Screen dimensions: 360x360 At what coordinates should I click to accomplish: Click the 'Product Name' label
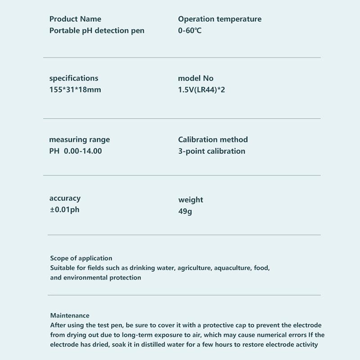(x=75, y=19)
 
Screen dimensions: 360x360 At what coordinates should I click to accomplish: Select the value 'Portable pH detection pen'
(x=97, y=31)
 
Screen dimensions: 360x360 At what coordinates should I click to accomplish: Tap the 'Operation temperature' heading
(x=220, y=19)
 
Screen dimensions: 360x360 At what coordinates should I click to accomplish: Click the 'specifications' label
(x=73, y=78)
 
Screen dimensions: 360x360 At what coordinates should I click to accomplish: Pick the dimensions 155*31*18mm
(x=75, y=90)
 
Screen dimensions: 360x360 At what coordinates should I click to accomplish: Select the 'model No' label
(x=196, y=78)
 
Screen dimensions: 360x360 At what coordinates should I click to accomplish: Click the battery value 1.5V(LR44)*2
(x=202, y=90)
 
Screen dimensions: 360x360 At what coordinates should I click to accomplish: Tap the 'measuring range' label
(x=79, y=139)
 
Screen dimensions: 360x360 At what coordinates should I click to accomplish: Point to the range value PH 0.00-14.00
(x=76, y=151)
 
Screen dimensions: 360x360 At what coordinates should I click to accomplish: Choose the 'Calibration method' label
(x=213, y=139)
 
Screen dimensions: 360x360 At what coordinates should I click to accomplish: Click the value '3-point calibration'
(x=211, y=151)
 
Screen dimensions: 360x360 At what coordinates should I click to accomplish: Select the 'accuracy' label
(x=65, y=198)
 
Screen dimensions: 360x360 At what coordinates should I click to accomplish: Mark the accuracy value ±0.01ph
(x=64, y=209)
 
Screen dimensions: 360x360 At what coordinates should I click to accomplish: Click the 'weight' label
(x=191, y=200)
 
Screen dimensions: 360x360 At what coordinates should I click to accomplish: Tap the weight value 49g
(x=185, y=211)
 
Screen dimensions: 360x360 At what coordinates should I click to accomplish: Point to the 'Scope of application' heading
(x=81, y=258)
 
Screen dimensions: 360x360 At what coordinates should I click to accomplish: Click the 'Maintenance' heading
(x=70, y=315)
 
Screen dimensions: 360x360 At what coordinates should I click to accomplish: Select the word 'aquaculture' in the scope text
(x=232, y=268)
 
